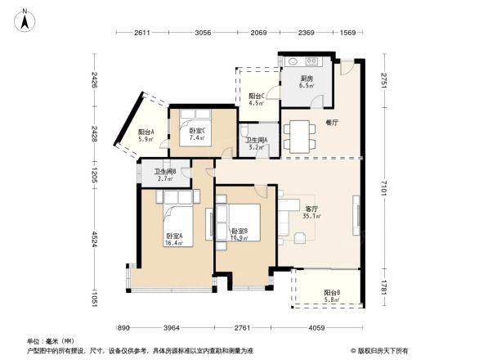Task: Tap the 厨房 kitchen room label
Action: pyautogui.click(x=307, y=81)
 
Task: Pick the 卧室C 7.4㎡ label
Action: pyautogui.click(x=197, y=134)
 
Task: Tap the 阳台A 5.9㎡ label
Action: pyautogui.click(x=145, y=136)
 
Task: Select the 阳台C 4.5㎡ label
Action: pyautogui.click(x=256, y=100)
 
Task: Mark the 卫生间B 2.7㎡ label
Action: pyautogui.click(x=166, y=174)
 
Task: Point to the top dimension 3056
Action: pyautogui.click(x=203, y=33)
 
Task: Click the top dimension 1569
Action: pyautogui.click(x=347, y=33)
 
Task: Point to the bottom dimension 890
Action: pyautogui.click(x=123, y=328)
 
